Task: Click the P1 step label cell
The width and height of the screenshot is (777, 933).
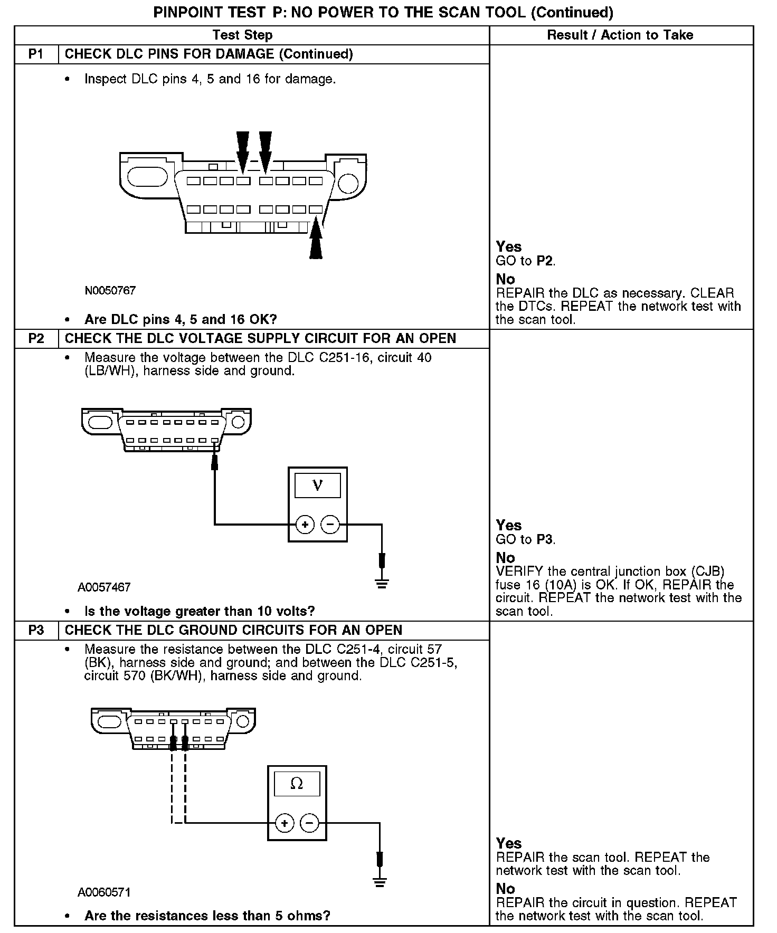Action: tap(36, 54)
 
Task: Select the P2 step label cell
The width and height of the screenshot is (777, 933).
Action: tap(36, 338)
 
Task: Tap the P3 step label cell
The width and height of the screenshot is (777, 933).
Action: tap(36, 630)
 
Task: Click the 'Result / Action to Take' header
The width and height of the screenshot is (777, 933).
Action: tap(620, 35)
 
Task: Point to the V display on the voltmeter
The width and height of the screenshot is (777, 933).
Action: tap(317, 485)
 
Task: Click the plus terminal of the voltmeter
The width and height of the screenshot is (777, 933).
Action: tap(305, 525)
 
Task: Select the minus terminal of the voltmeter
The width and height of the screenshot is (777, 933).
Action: tap(330, 525)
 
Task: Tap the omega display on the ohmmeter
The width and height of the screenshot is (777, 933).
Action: tap(297, 785)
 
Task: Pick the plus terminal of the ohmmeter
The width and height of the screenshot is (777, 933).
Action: tap(285, 823)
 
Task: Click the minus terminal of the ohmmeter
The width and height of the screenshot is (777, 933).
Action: tap(310, 823)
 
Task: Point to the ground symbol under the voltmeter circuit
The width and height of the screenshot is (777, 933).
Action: tap(382, 584)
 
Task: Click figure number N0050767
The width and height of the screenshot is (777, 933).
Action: tap(110, 291)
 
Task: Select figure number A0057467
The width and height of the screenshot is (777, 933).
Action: tap(104, 587)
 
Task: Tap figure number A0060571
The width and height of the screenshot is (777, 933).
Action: tap(104, 892)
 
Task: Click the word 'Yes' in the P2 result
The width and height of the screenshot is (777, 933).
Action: tap(509, 525)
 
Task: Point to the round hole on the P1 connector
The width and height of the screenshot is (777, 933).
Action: tap(348, 183)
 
